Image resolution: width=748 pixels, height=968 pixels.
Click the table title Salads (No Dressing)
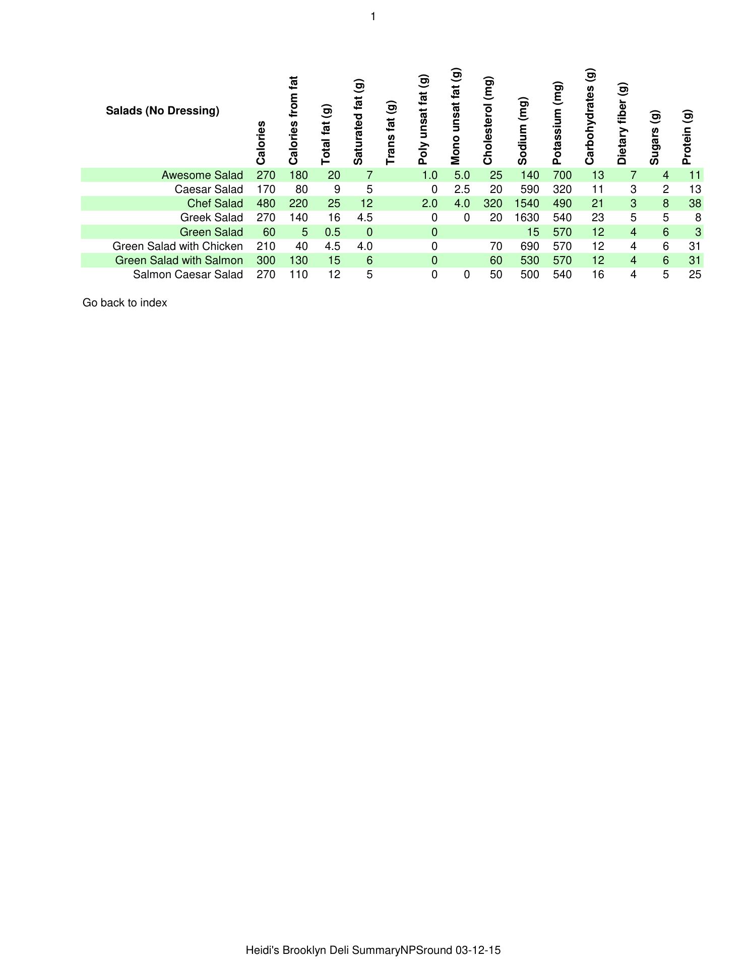pos(162,111)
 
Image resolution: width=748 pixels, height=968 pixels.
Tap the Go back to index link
pos(124,303)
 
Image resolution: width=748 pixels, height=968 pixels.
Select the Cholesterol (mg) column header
pos(488,121)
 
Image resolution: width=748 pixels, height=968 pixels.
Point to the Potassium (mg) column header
pos(557,123)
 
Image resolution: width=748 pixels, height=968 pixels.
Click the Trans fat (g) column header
pos(391,133)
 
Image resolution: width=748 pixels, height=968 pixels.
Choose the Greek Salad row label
pos(211,218)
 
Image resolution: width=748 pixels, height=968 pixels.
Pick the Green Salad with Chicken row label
pos(177,246)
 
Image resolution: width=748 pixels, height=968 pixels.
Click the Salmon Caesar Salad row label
pos(188,275)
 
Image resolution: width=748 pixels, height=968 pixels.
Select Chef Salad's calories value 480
pos(266,204)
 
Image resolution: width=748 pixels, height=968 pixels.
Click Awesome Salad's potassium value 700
pos(562,175)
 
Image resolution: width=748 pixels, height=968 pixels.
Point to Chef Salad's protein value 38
pos(695,204)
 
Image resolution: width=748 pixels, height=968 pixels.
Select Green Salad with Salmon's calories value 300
pos(266,261)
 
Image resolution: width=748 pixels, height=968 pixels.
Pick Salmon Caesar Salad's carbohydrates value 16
pos(598,275)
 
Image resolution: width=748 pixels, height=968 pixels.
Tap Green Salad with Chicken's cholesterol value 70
pos(496,246)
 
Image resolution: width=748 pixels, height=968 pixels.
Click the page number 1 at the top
pos(373,17)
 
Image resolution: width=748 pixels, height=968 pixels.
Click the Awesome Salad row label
pos(202,175)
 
